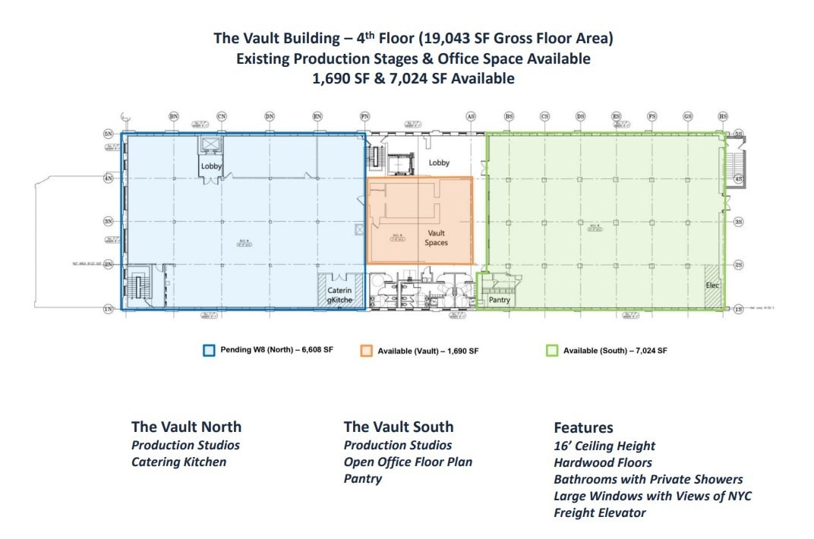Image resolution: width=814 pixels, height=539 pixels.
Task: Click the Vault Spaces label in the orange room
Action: tap(436, 238)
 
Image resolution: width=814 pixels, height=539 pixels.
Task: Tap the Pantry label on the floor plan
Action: tap(499, 300)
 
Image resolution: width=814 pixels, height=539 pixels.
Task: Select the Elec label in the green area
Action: tap(712, 285)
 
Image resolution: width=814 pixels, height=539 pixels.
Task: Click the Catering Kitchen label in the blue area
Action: tap(339, 295)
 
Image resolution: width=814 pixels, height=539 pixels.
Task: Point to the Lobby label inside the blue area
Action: tap(210, 166)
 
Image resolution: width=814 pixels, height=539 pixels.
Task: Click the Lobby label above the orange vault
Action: tap(439, 162)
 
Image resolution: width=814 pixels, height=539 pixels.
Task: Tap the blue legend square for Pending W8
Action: tap(209, 351)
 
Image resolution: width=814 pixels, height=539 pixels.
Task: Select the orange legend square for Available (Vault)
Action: tap(366, 351)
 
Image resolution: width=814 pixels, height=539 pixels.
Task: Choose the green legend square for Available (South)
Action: tap(552, 351)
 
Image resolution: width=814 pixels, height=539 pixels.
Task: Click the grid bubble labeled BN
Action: tap(174, 116)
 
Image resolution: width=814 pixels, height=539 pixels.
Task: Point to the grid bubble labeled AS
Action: tap(471, 116)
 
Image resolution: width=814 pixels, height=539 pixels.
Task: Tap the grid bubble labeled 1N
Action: tap(109, 309)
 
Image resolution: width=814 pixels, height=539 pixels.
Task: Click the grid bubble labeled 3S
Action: tap(738, 222)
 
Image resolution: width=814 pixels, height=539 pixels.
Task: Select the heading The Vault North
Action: tap(186, 427)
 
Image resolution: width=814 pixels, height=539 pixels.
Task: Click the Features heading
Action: tap(583, 427)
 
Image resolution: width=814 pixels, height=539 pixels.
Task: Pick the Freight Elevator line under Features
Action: tap(599, 512)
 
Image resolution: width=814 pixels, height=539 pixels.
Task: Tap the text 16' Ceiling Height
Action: tap(604, 446)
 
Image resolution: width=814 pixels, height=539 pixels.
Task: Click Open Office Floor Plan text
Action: tap(408, 462)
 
